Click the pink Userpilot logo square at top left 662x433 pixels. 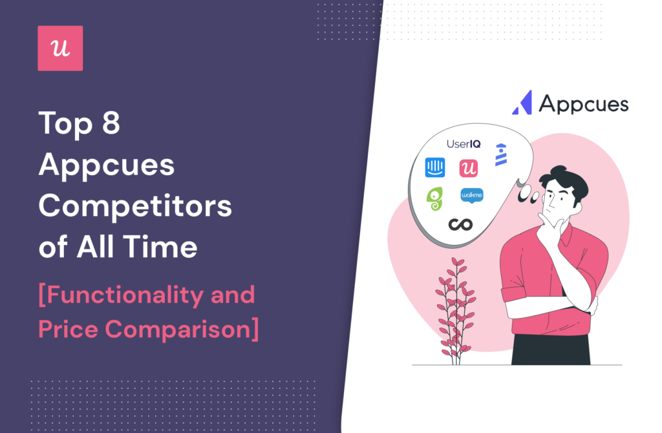coord(60,48)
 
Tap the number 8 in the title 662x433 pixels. coord(111,123)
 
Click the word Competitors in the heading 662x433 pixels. coord(135,206)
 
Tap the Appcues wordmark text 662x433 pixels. coord(584,104)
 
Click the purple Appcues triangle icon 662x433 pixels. coord(522,103)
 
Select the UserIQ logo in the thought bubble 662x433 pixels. coord(464,144)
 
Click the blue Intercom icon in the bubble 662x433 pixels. coord(435,167)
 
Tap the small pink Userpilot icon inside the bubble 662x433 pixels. coord(468,168)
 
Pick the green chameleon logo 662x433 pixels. coord(435,199)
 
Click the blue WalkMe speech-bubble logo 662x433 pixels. coord(471,196)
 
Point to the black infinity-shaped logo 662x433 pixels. coord(460,224)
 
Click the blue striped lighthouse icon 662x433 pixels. coord(501,154)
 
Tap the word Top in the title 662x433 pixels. coord(65,123)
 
